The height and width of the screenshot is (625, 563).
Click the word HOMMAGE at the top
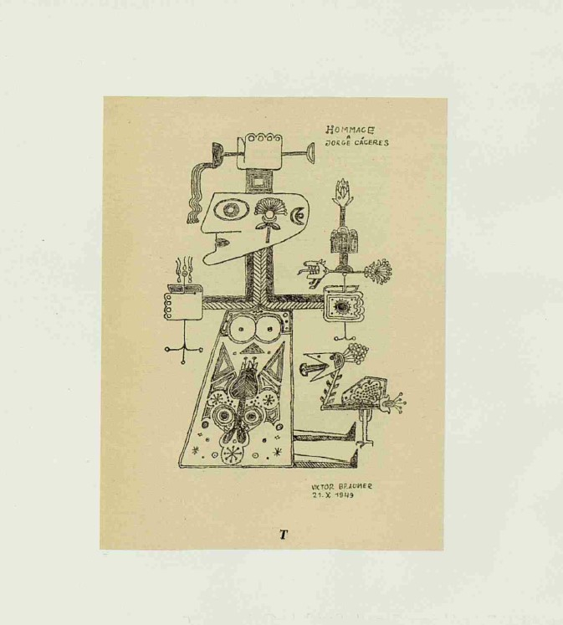[x=350, y=130]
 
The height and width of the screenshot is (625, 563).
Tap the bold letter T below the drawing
[x=283, y=535]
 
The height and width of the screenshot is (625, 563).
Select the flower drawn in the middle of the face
[x=268, y=213]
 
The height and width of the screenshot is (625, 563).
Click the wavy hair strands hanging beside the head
[x=198, y=192]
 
